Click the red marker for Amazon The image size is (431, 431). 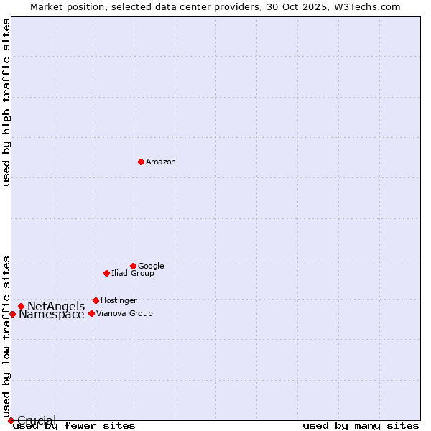pyautogui.click(x=141, y=162)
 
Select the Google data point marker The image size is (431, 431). pyautogui.click(x=133, y=266)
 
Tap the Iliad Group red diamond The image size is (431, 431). pyautogui.click(x=106, y=273)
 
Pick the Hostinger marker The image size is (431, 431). pyautogui.click(x=96, y=300)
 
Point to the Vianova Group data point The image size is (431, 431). pyautogui.click(x=91, y=313)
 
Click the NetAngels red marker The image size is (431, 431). pyautogui.click(x=21, y=307)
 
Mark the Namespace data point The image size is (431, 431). pyautogui.click(x=12, y=314)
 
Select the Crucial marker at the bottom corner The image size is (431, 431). pyautogui.click(x=11, y=420)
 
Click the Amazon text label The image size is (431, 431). pyautogui.click(x=161, y=162)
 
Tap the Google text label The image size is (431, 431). pyautogui.click(x=151, y=267)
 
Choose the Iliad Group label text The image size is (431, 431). pyautogui.click(x=133, y=274)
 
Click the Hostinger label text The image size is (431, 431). pyautogui.click(x=119, y=301)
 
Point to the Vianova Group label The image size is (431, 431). pyautogui.click(x=124, y=314)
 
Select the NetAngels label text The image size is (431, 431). pyautogui.click(x=56, y=307)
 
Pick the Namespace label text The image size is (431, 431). pyautogui.click(x=52, y=315)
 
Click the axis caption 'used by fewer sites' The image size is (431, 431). pyautogui.click(x=74, y=426)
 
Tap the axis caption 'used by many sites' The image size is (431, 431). pyautogui.click(x=361, y=426)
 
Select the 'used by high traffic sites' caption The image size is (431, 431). pyautogui.click(x=7, y=102)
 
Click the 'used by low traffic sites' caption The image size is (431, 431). pyautogui.click(x=7, y=335)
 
